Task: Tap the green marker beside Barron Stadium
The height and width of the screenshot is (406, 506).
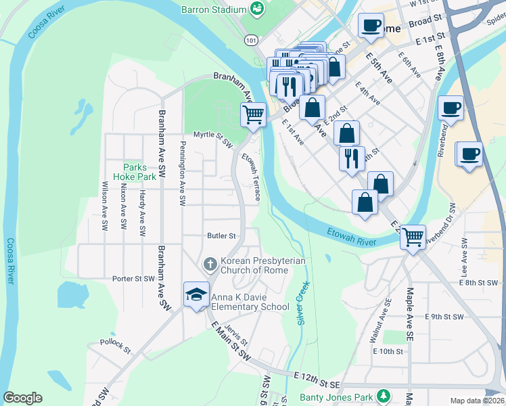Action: pos(257,9)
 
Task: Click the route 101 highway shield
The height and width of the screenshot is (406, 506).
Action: pos(251,41)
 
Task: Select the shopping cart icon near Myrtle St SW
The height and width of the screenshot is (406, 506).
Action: pos(253,114)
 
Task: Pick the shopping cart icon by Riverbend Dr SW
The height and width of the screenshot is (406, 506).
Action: pos(413,237)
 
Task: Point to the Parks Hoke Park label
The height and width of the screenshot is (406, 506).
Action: pos(139,172)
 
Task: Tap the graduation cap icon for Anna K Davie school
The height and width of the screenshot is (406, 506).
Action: pos(196,294)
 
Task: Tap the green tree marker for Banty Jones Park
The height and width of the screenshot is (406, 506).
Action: pos(384,394)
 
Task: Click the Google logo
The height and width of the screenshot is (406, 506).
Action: pos(22,398)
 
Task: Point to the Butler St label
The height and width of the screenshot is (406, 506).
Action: pos(221,236)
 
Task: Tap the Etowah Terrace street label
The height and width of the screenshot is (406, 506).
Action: pos(252,176)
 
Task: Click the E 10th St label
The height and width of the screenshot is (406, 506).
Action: pos(388,351)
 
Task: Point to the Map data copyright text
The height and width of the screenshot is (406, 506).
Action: pos(476,400)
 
